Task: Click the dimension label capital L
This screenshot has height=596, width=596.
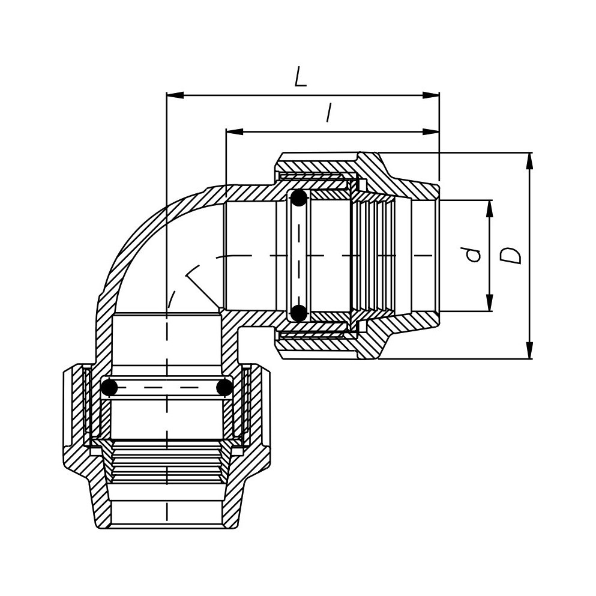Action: click(x=300, y=77)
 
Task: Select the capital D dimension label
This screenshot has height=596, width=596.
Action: click(x=510, y=256)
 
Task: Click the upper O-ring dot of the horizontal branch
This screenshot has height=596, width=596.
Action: click(x=299, y=198)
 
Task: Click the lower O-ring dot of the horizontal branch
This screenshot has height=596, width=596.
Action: click(x=299, y=313)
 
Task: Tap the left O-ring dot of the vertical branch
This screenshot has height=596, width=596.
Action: click(x=110, y=388)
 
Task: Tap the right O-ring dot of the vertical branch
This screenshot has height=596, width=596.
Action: click(x=224, y=388)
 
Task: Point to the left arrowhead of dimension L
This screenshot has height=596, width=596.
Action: click(x=175, y=95)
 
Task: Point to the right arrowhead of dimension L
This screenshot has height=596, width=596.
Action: click(x=431, y=95)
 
